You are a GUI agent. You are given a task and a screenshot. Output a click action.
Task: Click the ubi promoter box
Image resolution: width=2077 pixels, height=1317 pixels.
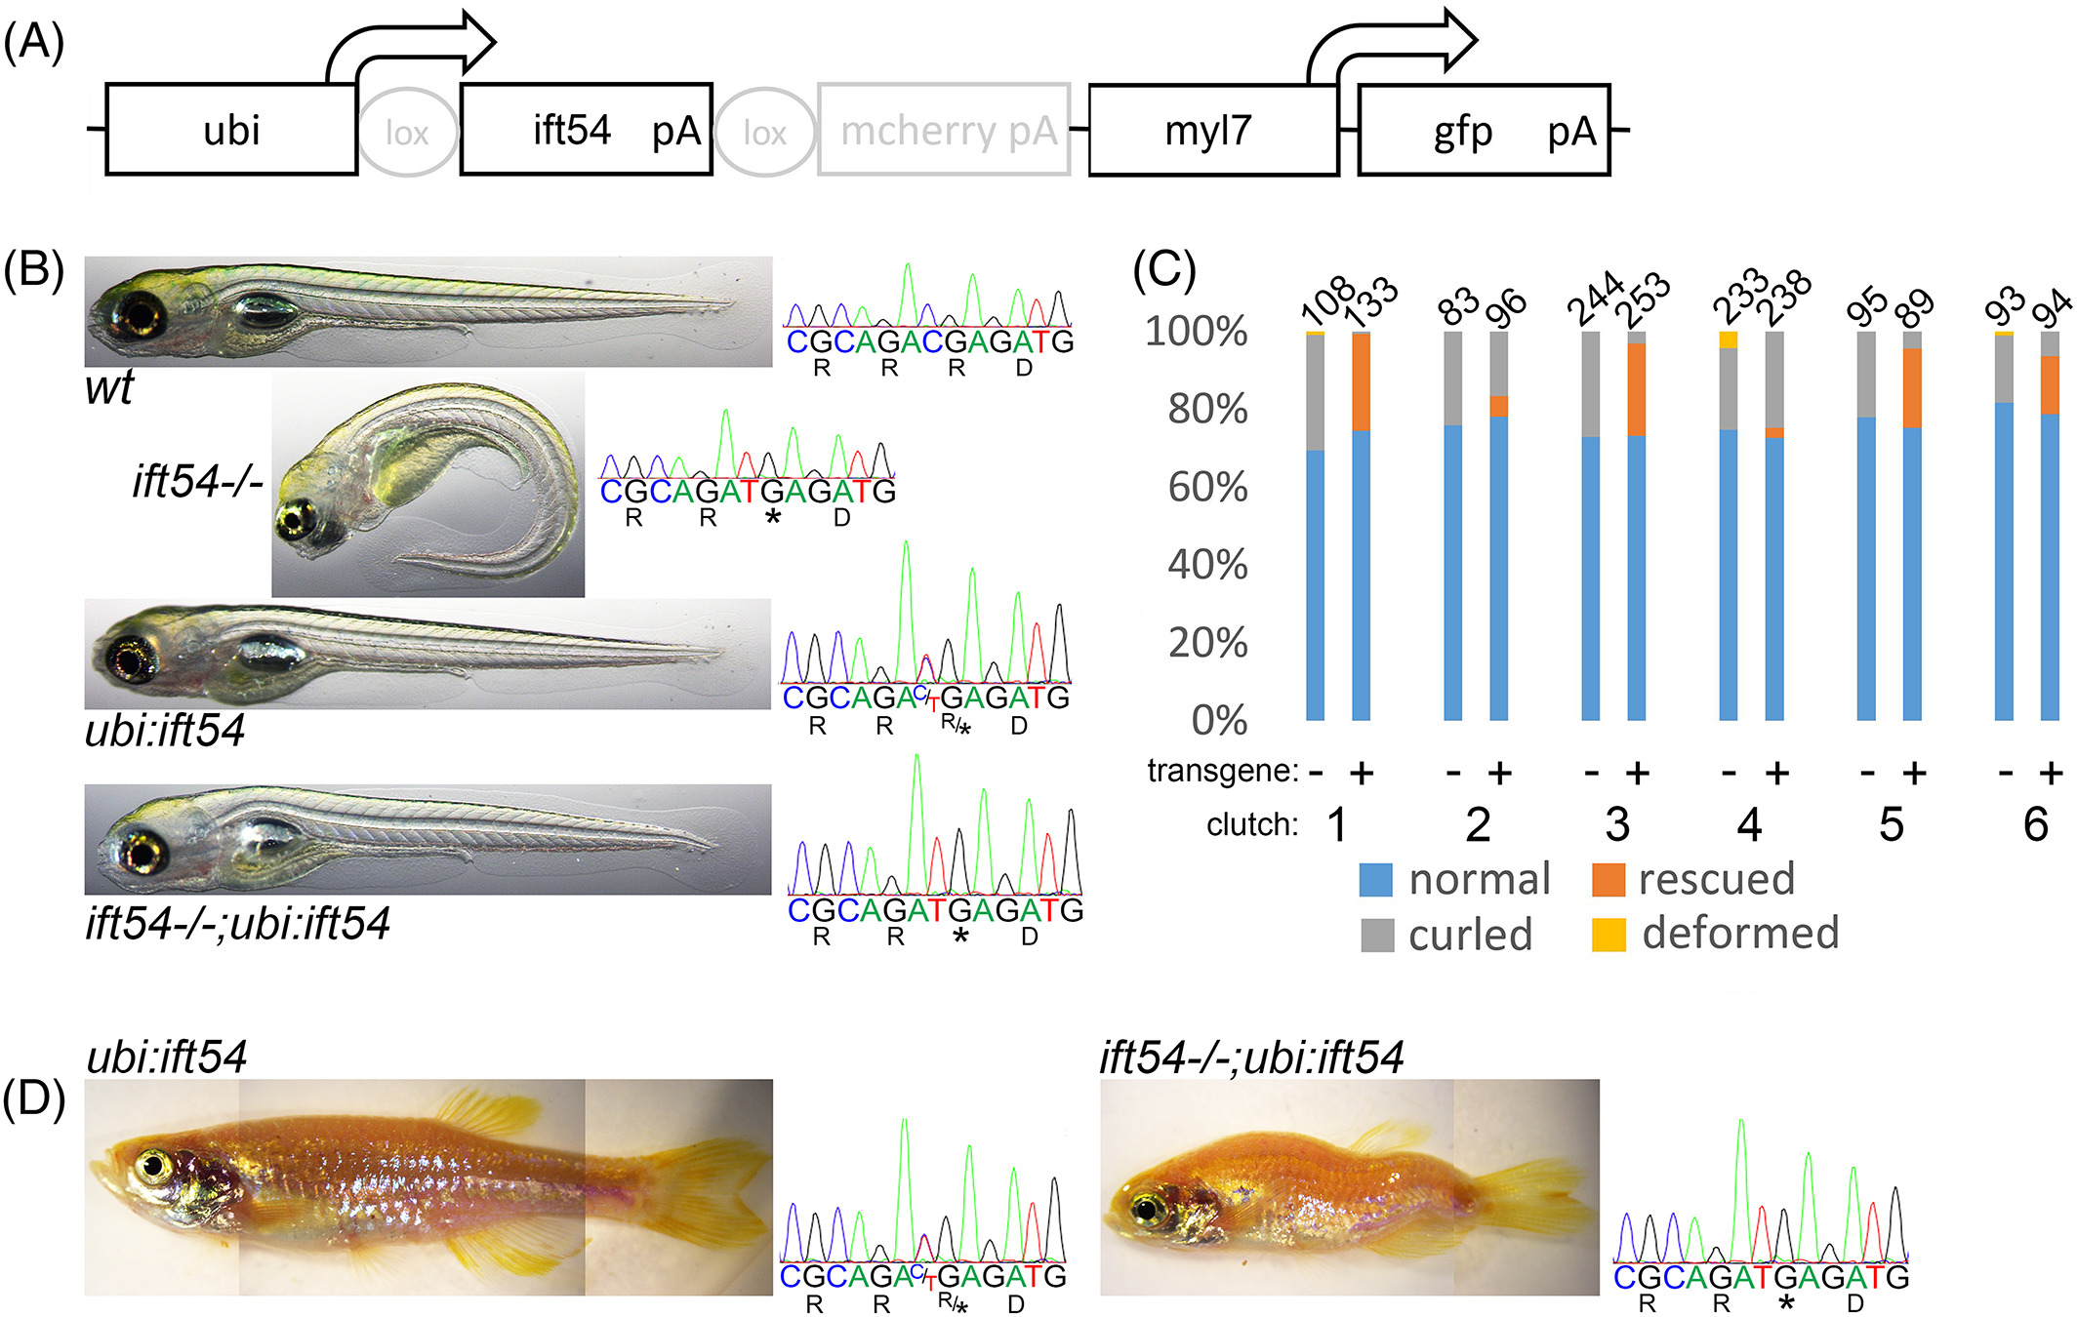[231, 130]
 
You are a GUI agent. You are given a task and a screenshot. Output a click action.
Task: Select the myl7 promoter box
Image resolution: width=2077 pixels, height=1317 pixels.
[1212, 130]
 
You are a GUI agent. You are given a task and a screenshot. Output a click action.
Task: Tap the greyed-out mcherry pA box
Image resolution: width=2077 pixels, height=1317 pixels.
[944, 130]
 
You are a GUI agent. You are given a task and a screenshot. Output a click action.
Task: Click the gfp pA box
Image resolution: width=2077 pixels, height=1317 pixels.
[1484, 130]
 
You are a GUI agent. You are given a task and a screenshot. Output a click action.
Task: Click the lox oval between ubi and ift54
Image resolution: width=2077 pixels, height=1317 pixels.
[408, 132]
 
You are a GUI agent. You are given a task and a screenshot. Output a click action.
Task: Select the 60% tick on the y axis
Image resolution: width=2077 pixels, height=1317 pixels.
[1208, 487]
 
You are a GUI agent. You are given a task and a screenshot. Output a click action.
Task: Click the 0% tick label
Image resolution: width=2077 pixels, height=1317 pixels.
[1220, 720]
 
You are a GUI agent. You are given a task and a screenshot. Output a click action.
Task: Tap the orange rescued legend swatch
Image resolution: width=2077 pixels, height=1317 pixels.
[1609, 880]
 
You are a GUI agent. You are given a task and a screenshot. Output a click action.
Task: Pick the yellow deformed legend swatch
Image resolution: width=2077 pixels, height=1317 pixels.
[1609, 935]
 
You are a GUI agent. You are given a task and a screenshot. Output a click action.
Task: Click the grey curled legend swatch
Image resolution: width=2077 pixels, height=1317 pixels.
[1377, 935]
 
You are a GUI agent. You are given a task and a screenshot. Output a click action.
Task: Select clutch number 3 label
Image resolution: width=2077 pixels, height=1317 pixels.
[1617, 825]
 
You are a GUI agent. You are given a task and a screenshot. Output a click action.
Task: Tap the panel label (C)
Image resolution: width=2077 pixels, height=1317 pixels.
[1164, 268]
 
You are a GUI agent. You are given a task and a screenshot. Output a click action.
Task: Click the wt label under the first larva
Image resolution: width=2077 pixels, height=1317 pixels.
[108, 388]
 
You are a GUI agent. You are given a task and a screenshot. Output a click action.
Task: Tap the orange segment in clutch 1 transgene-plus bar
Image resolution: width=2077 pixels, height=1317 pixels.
[1362, 382]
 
